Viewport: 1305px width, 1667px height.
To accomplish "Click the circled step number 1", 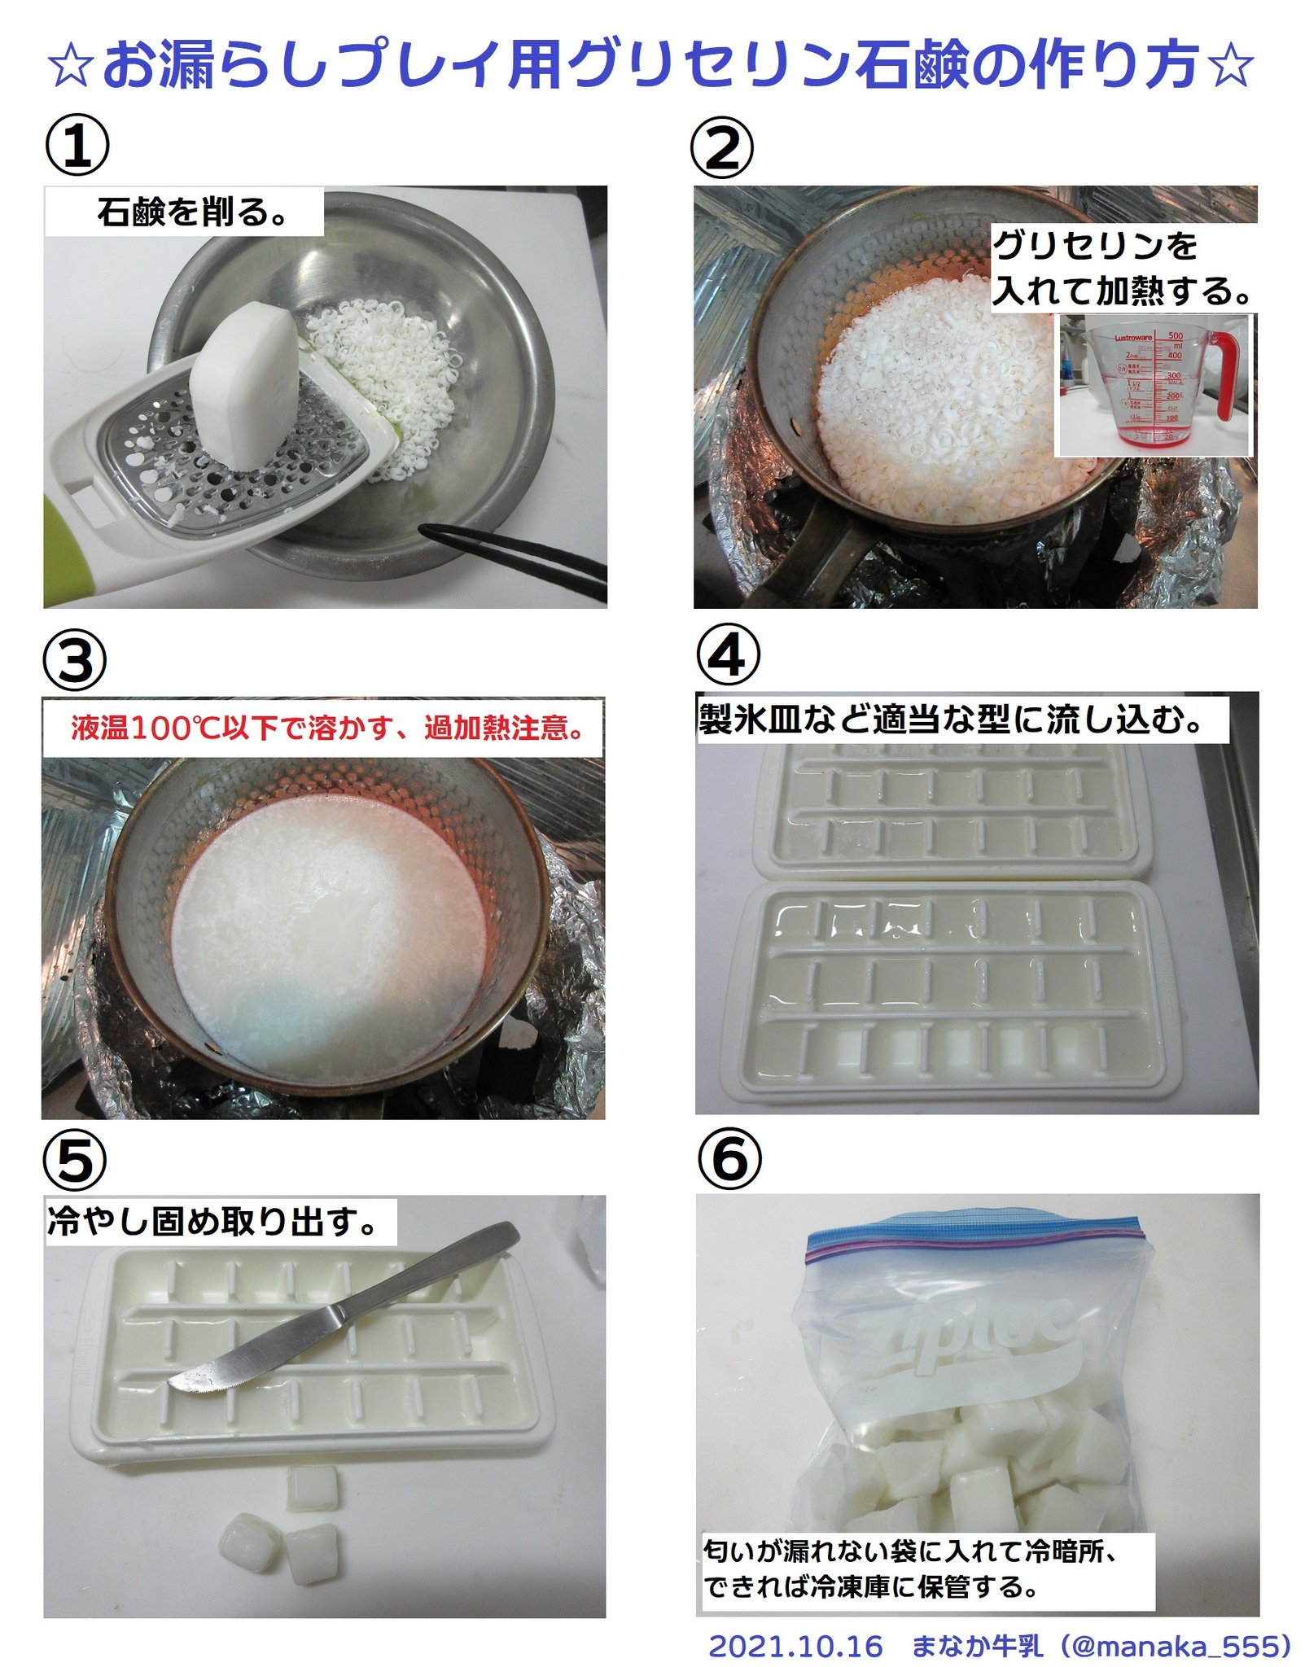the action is point(77,146).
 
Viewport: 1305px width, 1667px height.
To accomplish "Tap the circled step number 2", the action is point(722,147).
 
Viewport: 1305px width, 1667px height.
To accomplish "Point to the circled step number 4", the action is point(729,656).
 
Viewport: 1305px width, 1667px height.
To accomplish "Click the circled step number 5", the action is point(75,1160).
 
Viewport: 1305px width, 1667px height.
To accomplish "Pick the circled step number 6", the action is point(730,1158).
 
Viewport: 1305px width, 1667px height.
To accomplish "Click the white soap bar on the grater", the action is point(244,384).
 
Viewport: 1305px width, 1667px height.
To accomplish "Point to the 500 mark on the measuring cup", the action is point(1175,335).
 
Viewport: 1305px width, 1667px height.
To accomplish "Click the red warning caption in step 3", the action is point(326,727).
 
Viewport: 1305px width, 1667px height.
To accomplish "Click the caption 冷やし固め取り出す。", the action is point(212,1221).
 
